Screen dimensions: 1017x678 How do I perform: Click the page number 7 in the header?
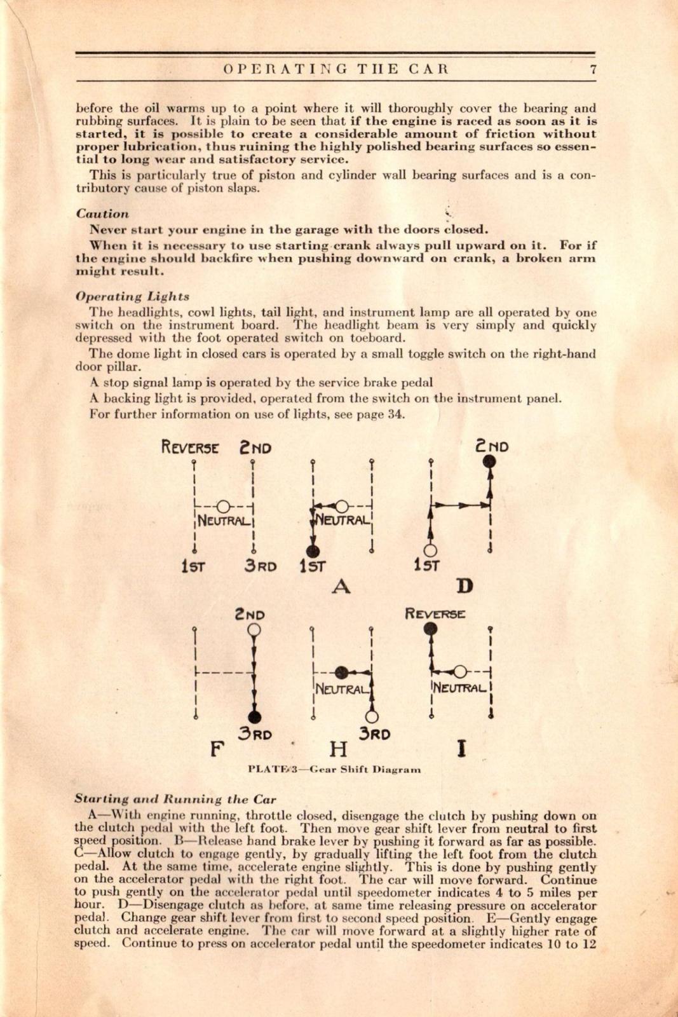pos(592,70)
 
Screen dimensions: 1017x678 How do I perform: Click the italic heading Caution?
pos(102,214)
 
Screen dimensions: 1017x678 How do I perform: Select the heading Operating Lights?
pos(132,296)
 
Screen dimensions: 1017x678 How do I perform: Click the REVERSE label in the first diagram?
pos(190,447)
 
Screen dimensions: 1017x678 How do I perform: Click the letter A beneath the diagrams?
pos(341,586)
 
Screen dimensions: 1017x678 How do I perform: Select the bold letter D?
pos(465,585)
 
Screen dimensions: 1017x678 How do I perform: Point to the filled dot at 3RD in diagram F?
pos(254,717)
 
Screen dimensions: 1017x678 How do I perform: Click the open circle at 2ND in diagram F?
pos(254,630)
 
